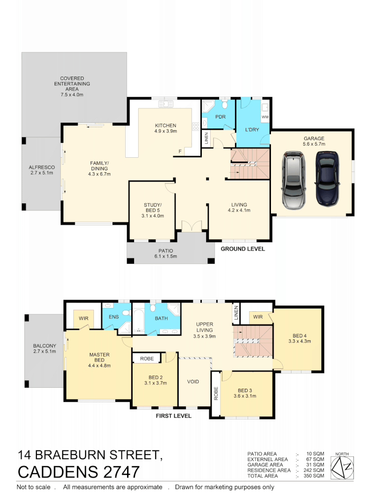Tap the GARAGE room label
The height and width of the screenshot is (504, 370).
click(x=313, y=138)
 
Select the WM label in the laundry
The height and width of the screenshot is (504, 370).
click(x=265, y=117)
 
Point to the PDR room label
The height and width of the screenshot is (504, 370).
click(x=220, y=117)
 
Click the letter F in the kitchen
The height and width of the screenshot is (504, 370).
click(x=180, y=151)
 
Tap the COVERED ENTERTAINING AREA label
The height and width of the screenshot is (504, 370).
click(x=71, y=84)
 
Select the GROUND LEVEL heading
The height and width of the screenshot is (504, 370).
click(x=242, y=249)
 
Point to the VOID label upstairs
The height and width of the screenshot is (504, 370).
click(x=193, y=381)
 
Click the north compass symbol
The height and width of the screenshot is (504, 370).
click(x=342, y=465)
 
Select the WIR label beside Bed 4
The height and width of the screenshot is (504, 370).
click(x=257, y=317)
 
